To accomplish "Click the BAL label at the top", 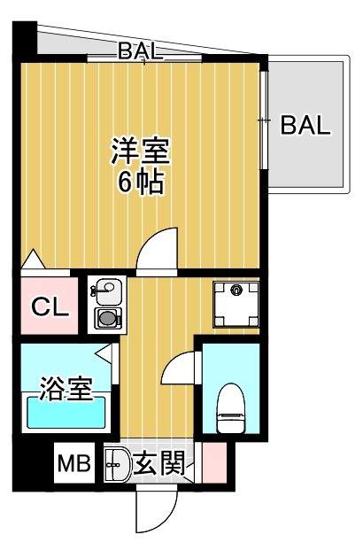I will coord(140,51).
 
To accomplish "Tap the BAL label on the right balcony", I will coord(305,124).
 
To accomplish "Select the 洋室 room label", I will coord(140,151).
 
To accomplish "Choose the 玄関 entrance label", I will coord(160,463).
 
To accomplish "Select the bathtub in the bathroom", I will coord(67,413).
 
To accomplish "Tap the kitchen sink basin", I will coord(107,290).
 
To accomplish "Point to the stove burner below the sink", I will coord(107,317).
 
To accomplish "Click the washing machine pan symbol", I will coord(236,300).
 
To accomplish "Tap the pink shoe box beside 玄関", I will coord(213,462).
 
